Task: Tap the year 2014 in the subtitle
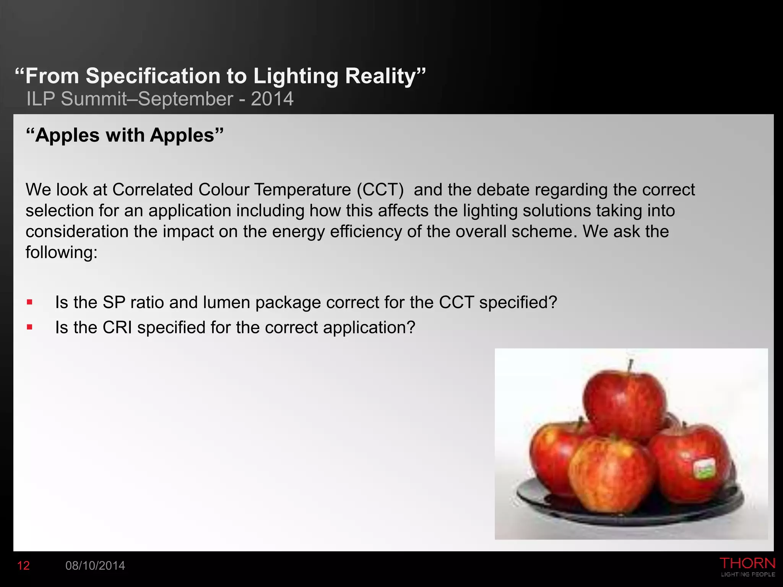[x=272, y=99]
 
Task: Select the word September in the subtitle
[x=185, y=99]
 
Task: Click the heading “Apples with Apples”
[x=125, y=135]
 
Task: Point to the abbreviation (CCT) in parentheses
[x=380, y=190]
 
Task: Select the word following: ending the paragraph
[x=62, y=253]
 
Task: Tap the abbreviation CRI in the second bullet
[x=117, y=328]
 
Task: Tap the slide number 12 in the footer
[x=23, y=566]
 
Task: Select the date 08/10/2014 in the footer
[x=95, y=566]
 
